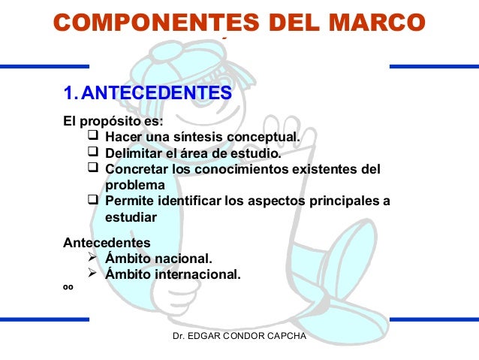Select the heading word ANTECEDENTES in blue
click(156, 95)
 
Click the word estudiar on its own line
click(131, 218)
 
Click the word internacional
click(198, 275)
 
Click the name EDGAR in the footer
click(210, 335)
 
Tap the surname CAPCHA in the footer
click(286, 335)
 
